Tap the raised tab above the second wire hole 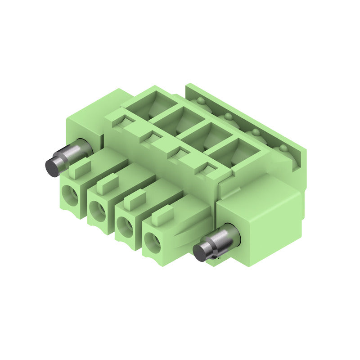pos(108,182)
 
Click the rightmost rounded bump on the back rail pos(283,148)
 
